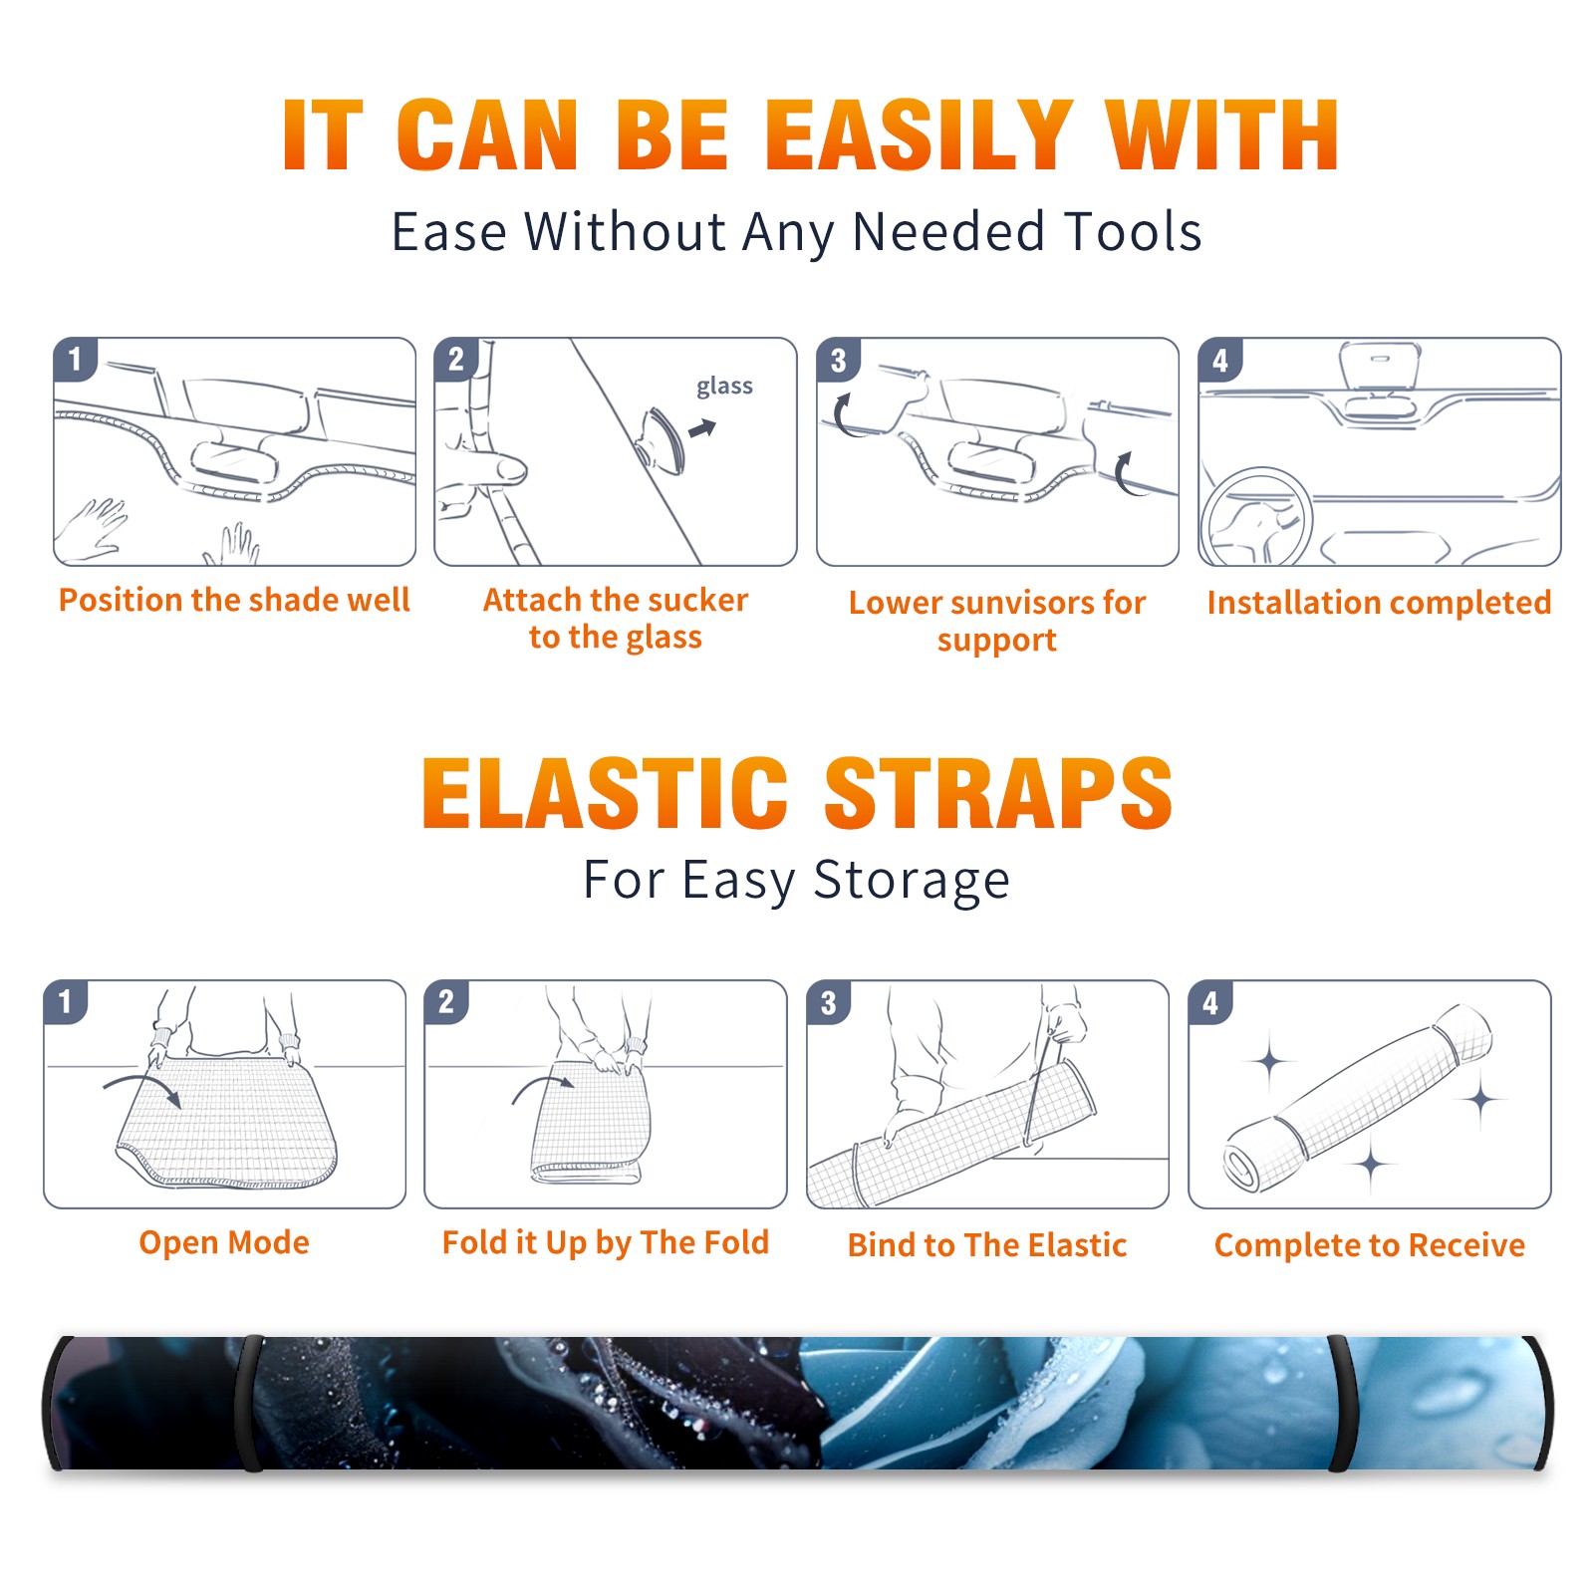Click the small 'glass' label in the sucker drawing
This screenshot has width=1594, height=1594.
[724, 386]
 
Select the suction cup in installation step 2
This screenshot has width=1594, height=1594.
[661, 439]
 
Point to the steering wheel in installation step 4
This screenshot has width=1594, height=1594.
[1256, 517]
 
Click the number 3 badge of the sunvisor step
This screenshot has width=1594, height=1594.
[838, 360]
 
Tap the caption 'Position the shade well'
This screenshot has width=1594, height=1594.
[234, 600]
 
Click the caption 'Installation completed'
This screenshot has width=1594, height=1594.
[1379, 602]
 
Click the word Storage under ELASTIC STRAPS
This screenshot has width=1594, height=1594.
[912, 881]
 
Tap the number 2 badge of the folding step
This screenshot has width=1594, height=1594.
[446, 1001]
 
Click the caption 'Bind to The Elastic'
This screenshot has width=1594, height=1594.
[986, 1244]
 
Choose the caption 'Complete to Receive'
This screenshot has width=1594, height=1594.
[1369, 1244]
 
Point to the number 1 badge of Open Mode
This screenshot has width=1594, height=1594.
[66, 1001]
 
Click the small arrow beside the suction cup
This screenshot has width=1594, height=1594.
[702, 428]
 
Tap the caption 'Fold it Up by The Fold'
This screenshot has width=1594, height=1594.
[606, 1242]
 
